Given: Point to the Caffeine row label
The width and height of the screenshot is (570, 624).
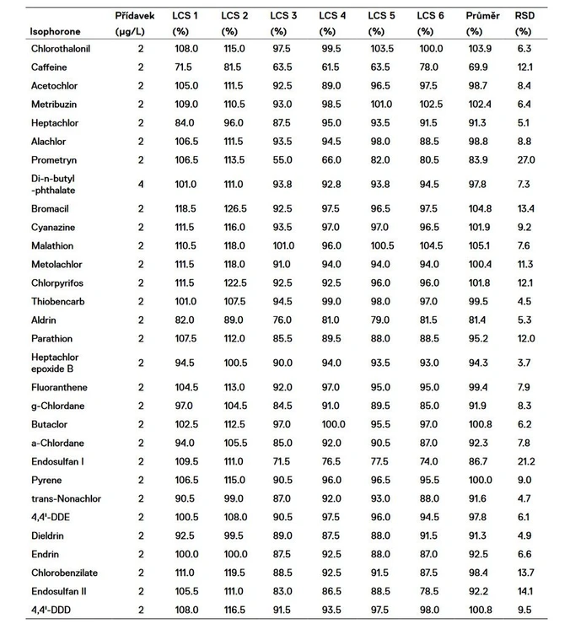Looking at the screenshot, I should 50,67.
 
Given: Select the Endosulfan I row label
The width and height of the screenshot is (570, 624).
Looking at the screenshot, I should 55,462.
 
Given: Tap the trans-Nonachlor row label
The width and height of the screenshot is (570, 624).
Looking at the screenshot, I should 65,498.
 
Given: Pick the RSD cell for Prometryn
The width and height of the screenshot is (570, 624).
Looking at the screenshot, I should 524,160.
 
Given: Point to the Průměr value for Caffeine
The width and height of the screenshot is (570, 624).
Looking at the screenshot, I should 477,67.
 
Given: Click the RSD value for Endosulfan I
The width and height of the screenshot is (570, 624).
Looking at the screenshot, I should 524,462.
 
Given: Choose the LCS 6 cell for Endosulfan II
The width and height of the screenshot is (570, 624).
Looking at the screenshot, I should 429,591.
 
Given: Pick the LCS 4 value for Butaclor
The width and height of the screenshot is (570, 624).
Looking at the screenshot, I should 332,425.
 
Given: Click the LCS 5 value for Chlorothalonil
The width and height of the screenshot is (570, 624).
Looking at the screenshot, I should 381,48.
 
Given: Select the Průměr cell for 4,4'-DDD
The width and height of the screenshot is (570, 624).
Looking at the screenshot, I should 477,610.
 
